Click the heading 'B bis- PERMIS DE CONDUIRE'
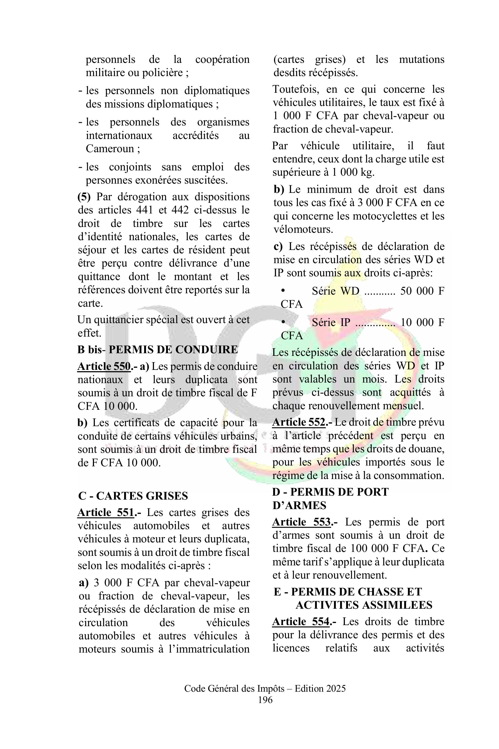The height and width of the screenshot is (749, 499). (158, 349)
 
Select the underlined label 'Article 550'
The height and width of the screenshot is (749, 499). (104, 366)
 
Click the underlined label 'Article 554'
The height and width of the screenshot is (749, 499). (301, 622)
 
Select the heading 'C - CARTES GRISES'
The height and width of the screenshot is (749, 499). (133, 496)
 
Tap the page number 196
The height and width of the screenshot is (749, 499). (265, 700)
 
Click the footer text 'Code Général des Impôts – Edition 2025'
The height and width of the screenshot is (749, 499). (265, 689)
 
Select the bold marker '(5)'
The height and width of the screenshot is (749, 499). (84, 197)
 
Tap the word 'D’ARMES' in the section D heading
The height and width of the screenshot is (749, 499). (299, 505)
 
